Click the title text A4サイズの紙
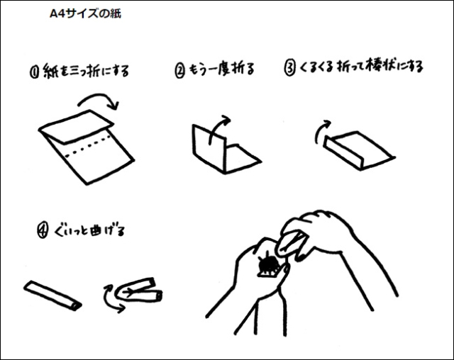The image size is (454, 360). click(85, 13)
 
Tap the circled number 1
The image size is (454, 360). click(34, 72)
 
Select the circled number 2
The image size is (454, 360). click(179, 71)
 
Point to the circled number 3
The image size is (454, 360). click(289, 68)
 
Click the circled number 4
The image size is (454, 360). click(43, 231)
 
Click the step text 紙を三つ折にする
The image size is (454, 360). click(86, 71)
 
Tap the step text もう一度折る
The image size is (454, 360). click(222, 69)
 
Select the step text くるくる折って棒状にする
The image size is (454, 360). click(361, 67)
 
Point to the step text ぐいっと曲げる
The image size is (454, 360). click(89, 230)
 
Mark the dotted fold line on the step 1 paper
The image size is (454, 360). click(88, 146)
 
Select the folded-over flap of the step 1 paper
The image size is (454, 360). click(77, 126)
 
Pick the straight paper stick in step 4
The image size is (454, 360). click(52, 296)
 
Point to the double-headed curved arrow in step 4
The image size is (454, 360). click(108, 299)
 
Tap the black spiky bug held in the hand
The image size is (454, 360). click(268, 264)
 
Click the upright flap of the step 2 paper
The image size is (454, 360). click(209, 148)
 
